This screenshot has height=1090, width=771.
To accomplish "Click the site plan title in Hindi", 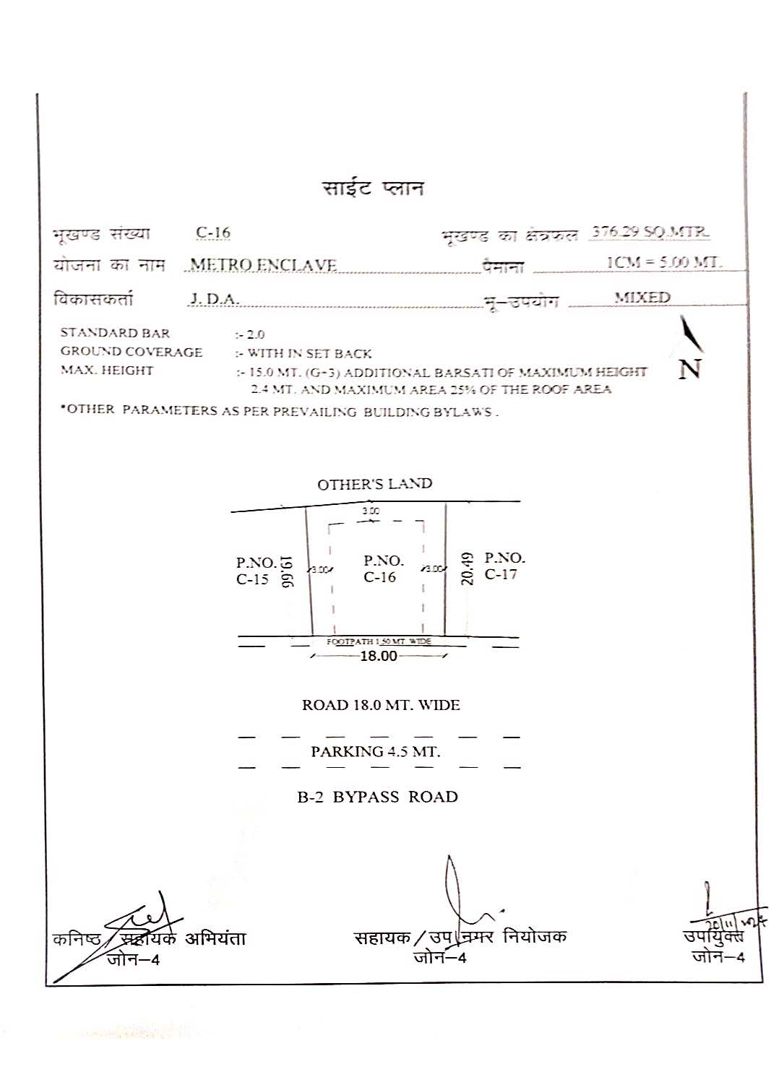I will point(373,189).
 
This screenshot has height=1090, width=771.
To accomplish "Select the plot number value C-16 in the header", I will point(213,233).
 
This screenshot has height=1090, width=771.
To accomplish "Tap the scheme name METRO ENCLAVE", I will point(264,265).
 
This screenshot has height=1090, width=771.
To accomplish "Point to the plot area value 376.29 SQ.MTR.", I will point(650,232).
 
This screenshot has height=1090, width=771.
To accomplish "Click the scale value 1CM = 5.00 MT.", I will point(663,262).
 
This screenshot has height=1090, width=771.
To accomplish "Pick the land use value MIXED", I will point(642,297).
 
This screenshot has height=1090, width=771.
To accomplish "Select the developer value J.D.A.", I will point(214,298).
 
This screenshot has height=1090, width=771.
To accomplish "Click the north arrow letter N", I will point(690,370).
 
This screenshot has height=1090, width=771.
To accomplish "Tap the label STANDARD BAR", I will point(115,333).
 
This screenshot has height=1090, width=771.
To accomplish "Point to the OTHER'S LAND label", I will point(374,484).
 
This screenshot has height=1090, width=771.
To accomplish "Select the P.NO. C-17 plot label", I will point(504,566).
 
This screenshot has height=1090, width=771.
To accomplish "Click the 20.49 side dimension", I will point(468,568).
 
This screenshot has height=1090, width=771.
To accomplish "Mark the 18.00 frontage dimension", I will point(379,656).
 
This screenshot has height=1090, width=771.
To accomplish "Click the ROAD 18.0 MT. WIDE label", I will point(381,705).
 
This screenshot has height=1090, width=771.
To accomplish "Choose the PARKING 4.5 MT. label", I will point(375,751).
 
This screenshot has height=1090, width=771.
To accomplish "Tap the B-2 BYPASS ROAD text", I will point(377,797).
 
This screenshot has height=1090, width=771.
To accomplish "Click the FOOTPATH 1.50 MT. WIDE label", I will point(379,641).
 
